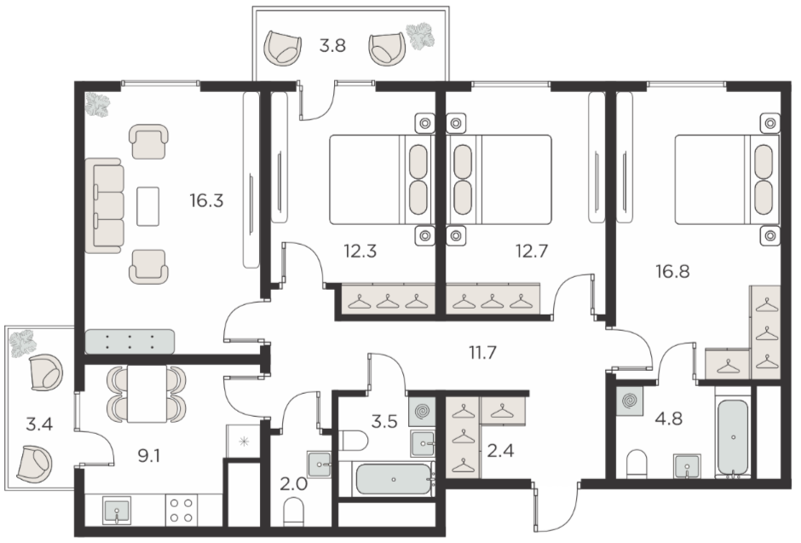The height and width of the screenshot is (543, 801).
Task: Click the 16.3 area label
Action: coord(206,201)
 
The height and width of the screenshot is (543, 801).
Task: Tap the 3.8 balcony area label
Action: coord(332,46)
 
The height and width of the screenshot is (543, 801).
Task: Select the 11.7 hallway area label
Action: coord(482,352)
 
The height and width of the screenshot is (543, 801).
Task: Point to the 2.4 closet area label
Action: coord(501,451)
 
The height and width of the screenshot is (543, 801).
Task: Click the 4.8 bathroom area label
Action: coord(669,419)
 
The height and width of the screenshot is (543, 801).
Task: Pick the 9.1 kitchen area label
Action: coord(149,455)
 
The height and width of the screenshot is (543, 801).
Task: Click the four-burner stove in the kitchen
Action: coord(182,510)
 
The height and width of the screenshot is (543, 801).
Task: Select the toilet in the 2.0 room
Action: coord(294,511)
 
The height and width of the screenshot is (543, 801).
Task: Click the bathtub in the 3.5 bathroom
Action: coord(394,479)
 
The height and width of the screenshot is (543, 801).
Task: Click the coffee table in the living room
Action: coord(147,205)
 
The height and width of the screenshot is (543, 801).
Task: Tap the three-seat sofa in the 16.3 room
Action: coord(104,205)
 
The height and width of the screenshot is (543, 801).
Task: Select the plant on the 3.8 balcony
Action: coord(420,36)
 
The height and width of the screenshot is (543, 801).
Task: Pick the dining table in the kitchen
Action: coord(147,394)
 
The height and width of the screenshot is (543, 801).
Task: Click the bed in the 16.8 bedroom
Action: coord(726,179)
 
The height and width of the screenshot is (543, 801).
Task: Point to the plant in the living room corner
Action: coord(98,105)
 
